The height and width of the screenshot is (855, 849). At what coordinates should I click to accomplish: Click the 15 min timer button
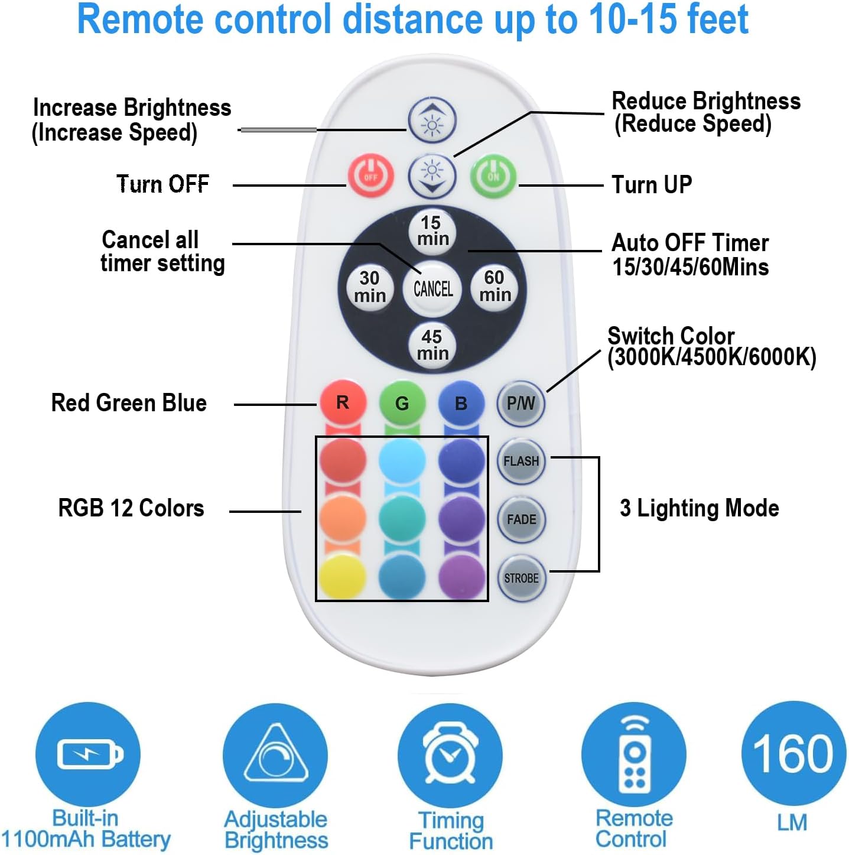coord(432,231)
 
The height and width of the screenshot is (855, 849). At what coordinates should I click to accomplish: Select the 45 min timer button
coord(432,345)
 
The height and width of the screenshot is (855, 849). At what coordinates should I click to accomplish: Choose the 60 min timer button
coord(494,287)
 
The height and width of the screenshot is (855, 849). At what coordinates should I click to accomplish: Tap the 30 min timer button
coord(370,287)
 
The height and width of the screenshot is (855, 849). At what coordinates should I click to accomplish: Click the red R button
coord(343,403)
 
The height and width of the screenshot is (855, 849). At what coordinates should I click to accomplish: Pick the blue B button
coord(461,403)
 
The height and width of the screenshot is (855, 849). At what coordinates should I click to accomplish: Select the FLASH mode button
coord(521,461)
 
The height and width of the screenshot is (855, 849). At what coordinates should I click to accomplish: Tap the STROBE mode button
coord(521,578)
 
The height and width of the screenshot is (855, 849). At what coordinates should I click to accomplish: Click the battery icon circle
coord(88,754)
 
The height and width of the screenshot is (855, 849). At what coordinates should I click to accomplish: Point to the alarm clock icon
coord(450,754)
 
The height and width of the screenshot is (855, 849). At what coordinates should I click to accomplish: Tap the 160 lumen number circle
coord(793,753)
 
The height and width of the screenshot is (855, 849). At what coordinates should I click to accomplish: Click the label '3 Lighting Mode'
coord(699,508)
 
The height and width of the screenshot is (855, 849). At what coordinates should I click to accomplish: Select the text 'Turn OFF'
coord(162,184)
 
